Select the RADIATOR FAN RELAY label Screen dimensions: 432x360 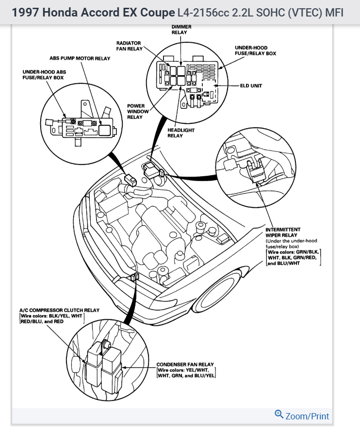tap(128, 46)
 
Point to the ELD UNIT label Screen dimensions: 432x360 tap(251, 86)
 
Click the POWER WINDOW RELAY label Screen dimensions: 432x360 tap(135, 111)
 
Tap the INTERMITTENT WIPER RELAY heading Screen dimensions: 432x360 tap(283, 232)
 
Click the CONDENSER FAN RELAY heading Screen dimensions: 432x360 tap(185, 364)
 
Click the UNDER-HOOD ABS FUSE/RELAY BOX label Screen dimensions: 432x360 tap(44, 74)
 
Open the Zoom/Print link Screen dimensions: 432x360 tap(307, 416)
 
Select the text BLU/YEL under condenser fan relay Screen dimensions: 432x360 tap(204, 375)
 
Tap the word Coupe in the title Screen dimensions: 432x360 tap(158, 12)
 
